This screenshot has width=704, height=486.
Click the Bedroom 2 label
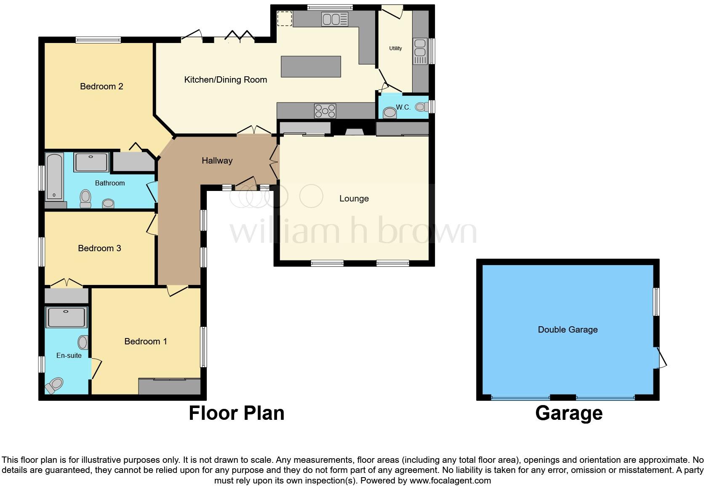[x=101, y=86]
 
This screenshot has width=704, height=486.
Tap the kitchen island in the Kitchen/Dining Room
[x=310, y=67]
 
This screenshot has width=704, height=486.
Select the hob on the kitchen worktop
[x=325, y=111]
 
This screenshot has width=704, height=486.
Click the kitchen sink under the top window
[x=335, y=19]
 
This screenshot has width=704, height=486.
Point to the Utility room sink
[x=420, y=51]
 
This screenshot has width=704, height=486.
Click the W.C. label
[x=403, y=107]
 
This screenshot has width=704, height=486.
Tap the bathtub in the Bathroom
[x=54, y=176]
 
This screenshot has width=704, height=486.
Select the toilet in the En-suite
[x=54, y=385]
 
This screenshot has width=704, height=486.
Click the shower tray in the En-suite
[x=67, y=317]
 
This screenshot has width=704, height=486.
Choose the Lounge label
[x=354, y=199]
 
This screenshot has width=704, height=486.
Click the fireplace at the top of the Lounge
[x=354, y=132]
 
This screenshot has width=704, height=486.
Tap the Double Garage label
[x=568, y=330]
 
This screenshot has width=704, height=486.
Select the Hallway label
[x=217, y=161]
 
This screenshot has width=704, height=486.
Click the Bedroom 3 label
[x=99, y=248]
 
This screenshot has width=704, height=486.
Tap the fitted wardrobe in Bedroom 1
[x=169, y=387]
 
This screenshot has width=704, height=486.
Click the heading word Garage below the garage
[x=568, y=413]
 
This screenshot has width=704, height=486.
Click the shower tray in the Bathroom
[x=91, y=162]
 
